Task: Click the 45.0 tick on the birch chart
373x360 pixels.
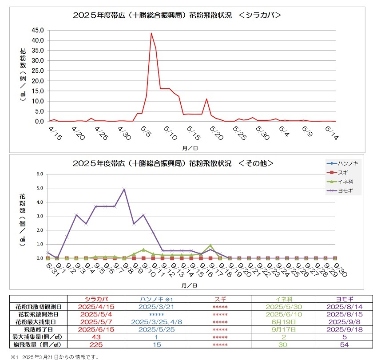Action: tap(37, 30)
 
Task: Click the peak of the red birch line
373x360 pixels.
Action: tap(151, 33)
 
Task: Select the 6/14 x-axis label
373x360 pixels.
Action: tap(332, 132)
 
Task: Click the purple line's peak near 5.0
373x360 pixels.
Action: tap(124, 189)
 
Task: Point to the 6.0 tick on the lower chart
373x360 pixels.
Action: tap(40, 174)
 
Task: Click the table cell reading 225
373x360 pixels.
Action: tap(100, 344)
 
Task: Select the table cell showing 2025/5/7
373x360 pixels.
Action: tap(100, 322)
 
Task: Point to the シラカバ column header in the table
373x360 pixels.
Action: tap(100, 299)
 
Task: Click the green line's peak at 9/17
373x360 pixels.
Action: tap(210, 245)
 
